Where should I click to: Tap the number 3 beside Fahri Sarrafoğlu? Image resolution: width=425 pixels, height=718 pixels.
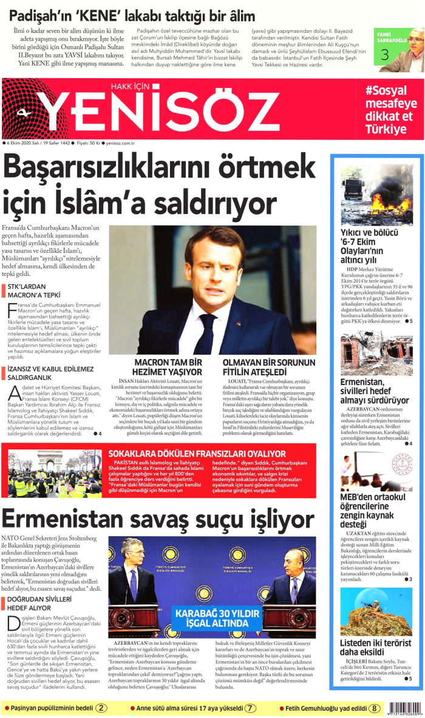(384, 55)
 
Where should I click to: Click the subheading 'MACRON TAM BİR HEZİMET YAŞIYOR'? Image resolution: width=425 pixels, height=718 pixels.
(168, 367)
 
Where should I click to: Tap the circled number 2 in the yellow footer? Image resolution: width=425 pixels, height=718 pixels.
(102, 708)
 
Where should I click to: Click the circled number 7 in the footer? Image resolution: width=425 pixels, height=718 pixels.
(251, 708)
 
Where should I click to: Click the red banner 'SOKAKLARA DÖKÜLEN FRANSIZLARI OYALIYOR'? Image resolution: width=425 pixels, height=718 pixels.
(197, 453)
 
